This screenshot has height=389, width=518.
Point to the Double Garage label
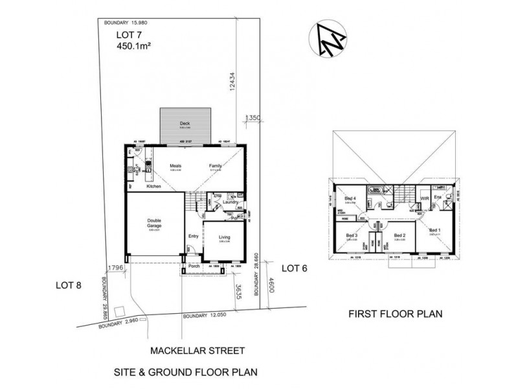pos(153,224)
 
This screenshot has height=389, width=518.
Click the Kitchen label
pos(153,187)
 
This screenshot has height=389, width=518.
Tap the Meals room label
pos(175,166)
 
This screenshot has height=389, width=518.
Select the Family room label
pos(215,166)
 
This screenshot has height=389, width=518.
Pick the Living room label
pos(224,237)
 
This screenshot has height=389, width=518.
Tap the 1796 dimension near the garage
pos(115,266)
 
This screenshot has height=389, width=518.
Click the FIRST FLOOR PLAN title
pos(395,315)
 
